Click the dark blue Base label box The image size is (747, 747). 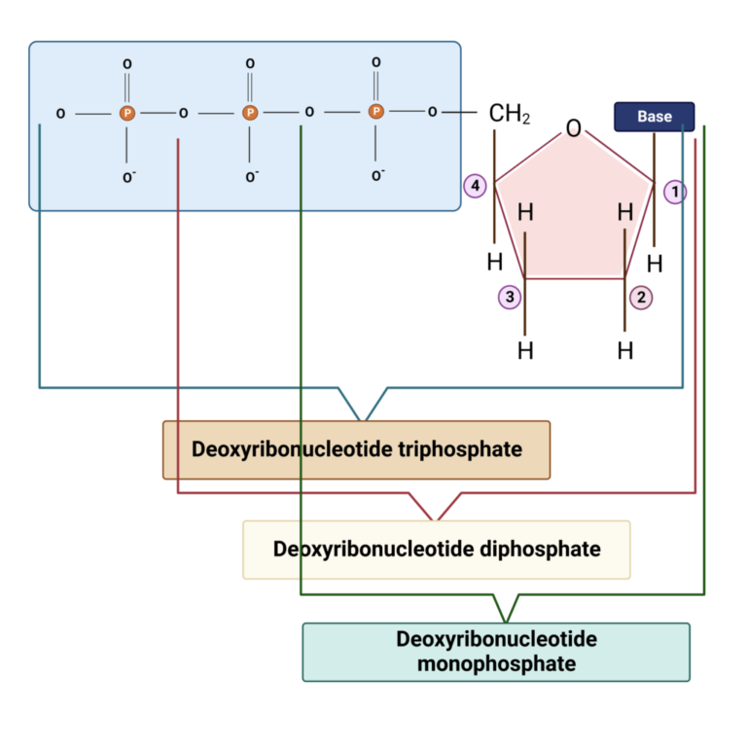654,116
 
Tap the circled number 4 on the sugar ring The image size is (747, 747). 474,185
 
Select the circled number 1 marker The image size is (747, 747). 675,192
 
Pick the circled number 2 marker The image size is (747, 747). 640,298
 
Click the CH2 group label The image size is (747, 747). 509,115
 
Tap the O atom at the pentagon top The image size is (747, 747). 574,128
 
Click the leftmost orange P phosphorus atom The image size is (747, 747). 126,114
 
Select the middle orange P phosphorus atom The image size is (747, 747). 250,114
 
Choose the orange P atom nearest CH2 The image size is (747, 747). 376,113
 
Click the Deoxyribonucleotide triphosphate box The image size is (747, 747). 356,449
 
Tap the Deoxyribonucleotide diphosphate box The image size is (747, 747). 436,550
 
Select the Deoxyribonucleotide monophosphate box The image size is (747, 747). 496,652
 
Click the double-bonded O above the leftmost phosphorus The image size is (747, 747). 126,64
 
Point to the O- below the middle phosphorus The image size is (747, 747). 251,177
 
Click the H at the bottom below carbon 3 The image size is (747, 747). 525,350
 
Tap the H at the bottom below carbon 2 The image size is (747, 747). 625,350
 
